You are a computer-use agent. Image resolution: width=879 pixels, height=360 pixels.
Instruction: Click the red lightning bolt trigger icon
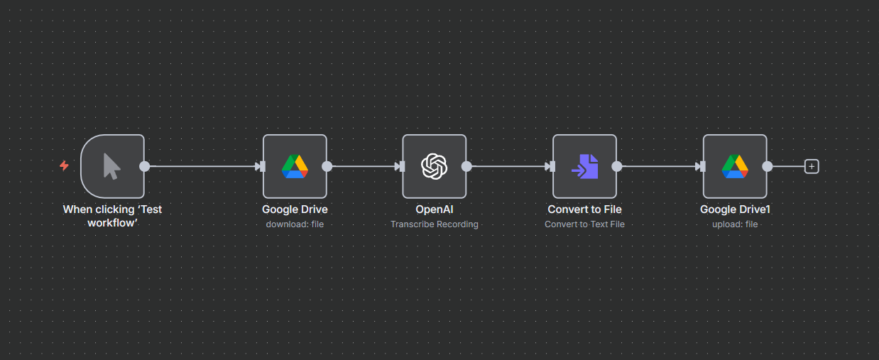tap(64, 165)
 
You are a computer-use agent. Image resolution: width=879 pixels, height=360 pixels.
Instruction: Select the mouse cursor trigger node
tap(112, 166)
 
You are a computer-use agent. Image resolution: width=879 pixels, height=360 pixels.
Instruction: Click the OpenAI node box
tap(434, 166)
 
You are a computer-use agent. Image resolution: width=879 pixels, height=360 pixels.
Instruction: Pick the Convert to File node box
tap(584, 166)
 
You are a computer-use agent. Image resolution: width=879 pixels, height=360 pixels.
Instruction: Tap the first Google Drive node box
tap(295, 166)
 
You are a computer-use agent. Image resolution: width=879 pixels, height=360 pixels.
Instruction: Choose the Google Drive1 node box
tap(735, 166)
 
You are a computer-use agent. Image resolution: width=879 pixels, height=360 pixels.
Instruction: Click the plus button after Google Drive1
tap(812, 166)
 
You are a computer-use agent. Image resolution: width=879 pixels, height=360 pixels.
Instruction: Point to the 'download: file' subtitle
tap(295, 224)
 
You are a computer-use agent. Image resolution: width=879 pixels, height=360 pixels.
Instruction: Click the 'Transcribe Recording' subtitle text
tap(434, 224)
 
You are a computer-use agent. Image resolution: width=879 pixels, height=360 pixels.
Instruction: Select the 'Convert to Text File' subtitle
tap(584, 224)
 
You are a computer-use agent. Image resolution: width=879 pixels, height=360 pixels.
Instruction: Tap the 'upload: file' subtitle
tap(735, 224)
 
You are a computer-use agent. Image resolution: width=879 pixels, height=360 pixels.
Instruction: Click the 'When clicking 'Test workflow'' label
tap(112, 216)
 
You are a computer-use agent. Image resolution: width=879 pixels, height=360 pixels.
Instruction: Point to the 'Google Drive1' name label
tap(735, 209)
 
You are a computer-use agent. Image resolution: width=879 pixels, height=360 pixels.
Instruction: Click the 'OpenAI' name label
tap(434, 209)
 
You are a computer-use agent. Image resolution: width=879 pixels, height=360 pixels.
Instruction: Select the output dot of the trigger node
tap(144, 166)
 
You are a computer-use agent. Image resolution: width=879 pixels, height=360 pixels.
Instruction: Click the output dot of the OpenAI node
tap(466, 166)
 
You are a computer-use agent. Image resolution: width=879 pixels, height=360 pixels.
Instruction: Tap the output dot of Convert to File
tap(617, 166)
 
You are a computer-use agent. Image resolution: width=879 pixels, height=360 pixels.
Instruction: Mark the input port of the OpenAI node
tap(401, 166)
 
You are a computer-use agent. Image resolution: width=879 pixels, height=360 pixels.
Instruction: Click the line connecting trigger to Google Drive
tap(202, 166)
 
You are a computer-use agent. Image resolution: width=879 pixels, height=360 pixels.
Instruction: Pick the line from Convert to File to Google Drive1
tap(657, 166)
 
